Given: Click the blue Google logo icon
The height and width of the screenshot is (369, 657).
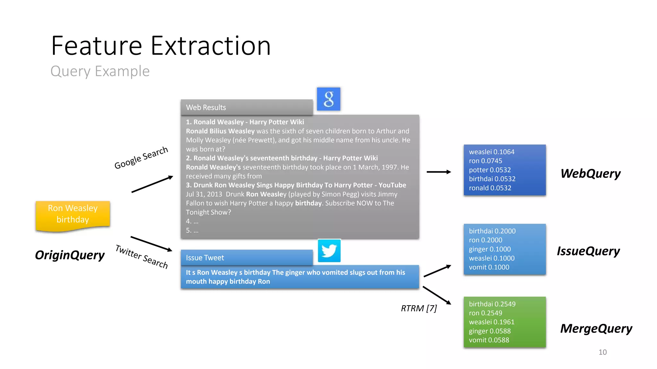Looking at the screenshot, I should pos(328,99).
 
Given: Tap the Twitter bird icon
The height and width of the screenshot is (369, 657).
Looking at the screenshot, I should pos(329,250).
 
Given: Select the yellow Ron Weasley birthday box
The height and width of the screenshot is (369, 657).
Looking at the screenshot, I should pos(73,214).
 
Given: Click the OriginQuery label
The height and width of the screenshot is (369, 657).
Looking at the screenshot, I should pos(70,255).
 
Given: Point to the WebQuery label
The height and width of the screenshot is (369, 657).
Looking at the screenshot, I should pos(590,173).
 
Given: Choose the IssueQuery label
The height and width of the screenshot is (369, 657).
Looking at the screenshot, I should pos(588,251).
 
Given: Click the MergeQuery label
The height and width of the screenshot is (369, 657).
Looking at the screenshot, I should pos(596,328).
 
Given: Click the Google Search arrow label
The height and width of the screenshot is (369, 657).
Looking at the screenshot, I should pos(141,158).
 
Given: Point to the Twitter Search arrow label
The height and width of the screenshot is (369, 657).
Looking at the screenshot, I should pos(141,257).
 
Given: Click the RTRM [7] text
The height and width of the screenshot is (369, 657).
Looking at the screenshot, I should pos(419,308).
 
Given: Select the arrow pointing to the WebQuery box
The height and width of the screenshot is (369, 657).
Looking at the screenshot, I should pos(439,172).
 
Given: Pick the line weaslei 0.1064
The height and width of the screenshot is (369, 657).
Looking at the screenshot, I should pos(491,152).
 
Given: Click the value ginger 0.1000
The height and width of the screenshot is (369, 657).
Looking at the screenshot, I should pos(490,249).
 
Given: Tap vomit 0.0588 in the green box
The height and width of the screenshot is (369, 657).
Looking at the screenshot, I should pos(489,340).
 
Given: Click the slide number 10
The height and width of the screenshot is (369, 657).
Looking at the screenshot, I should pos(602,352).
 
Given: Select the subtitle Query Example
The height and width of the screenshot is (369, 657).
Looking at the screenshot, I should pos(100,71).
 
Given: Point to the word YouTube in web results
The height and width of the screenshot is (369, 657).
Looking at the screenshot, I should pos(392,185).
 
